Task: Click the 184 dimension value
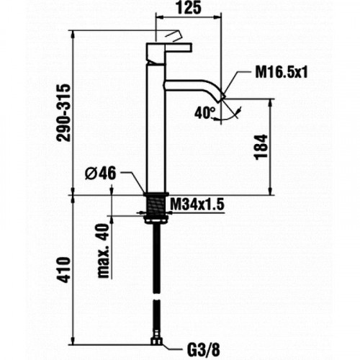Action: (x=260, y=147)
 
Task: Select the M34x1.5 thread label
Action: (x=197, y=206)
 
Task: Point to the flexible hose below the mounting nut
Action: (x=156, y=274)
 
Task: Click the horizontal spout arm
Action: (x=191, y=85)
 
